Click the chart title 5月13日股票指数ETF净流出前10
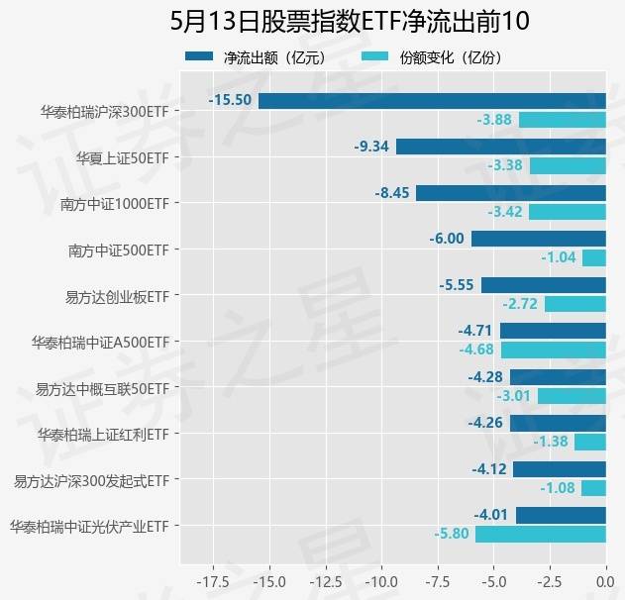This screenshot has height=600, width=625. pos(337,22)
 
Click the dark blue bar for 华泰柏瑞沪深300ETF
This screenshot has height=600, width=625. pos(432,100)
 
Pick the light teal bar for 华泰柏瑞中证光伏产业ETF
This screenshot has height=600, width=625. pos(541,535)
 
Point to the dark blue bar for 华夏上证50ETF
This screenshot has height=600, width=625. pos(500,147)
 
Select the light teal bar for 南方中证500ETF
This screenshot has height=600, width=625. pos(594,257)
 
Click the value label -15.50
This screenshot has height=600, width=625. pos(230,100)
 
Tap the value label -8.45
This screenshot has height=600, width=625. pos(391,193)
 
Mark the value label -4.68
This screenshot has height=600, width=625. pos(475,350)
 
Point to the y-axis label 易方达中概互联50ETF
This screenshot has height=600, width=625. pos(103,388)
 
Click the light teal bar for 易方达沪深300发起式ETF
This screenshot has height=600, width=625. pos(593,488)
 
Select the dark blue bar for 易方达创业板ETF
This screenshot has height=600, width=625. pos(543,285)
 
